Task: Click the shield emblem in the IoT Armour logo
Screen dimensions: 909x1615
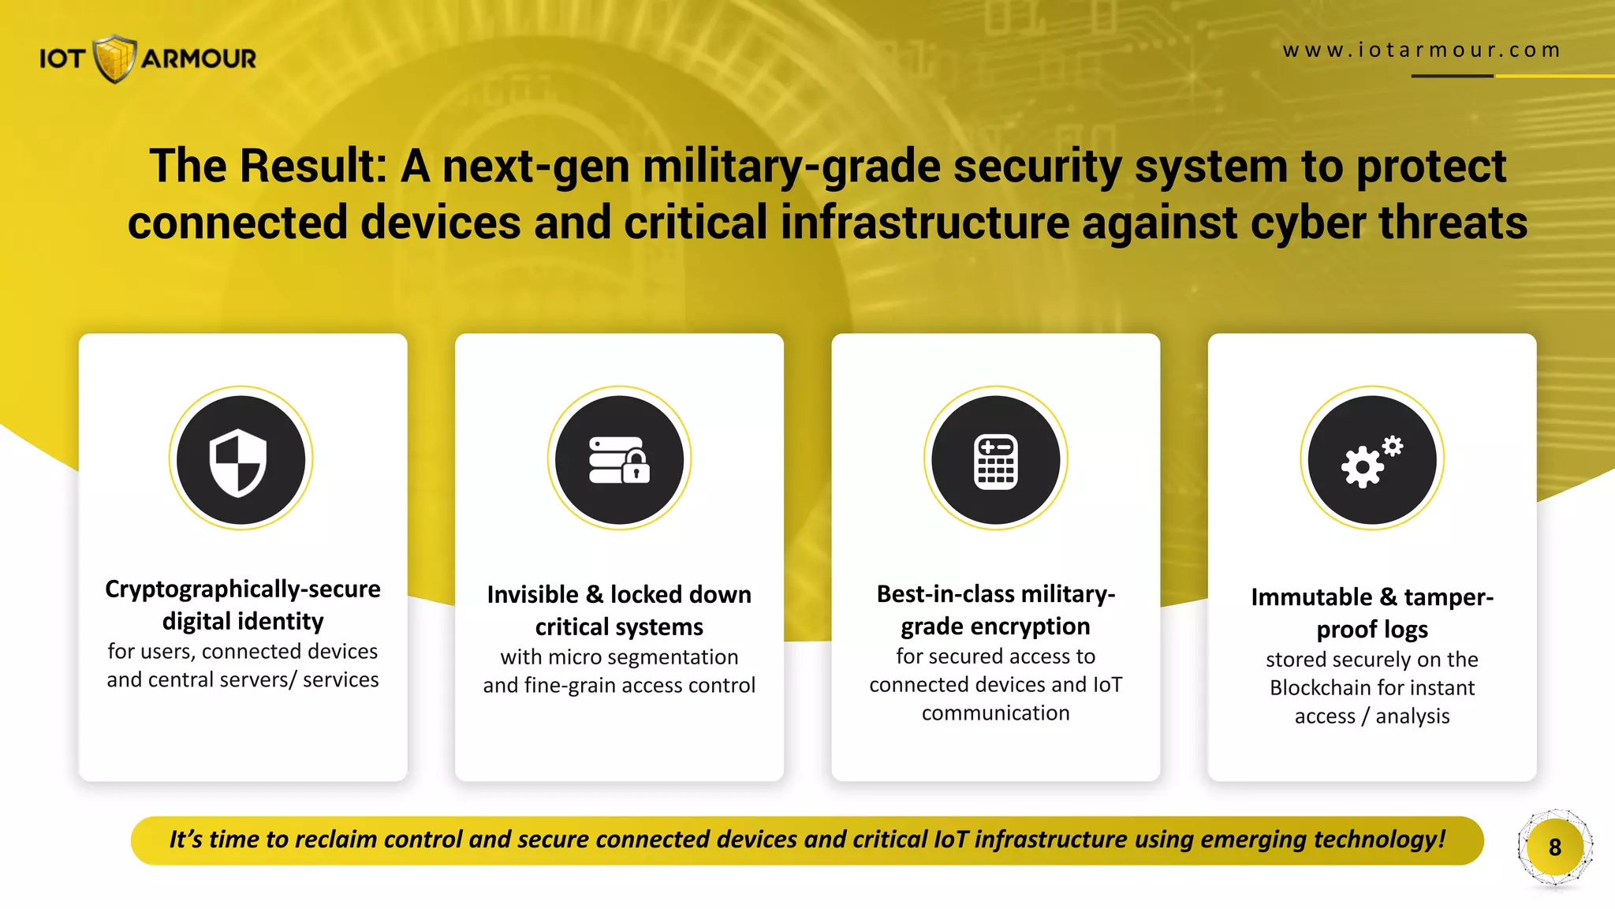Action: click(115, 58)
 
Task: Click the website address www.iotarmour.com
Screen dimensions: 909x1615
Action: click(1421, 50)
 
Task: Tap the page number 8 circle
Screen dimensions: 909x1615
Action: click(1554, 847)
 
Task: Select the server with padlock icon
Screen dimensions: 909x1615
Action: click(619, 460)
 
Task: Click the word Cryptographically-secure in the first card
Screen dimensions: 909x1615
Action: click(243, 589)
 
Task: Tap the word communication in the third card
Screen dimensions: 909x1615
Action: click(995, 713)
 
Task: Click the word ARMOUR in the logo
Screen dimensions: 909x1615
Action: click(199, 58)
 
